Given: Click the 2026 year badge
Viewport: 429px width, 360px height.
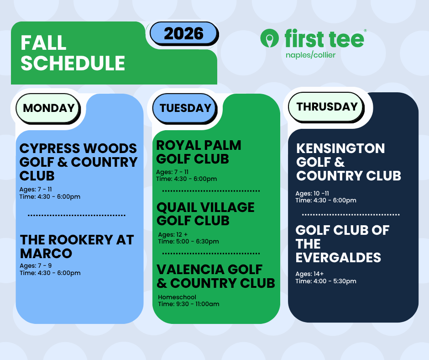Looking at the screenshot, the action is pos(184,33).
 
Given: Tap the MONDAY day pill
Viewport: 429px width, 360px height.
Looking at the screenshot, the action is pos(48,108).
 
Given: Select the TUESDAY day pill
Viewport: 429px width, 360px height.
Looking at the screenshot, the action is pos(185,108).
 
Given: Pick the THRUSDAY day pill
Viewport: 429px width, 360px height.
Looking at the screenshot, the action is pos(327,107).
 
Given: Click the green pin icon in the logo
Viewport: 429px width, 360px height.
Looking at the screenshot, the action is pos(269,38).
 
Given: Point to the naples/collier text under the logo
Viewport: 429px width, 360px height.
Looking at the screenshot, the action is pos(310,55).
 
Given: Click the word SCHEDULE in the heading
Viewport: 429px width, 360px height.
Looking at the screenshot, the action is pos(73,63).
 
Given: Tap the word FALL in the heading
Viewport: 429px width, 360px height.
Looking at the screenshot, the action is pos(43,43).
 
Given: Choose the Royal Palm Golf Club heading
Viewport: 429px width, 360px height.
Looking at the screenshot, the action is pos(199,152).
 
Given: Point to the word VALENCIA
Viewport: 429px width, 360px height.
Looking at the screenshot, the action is pos(190,270).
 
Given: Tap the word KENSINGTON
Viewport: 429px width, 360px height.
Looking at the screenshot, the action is pos(340,148).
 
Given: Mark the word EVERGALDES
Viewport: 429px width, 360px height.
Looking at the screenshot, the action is pos(338,258).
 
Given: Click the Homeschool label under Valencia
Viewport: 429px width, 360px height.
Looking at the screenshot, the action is pos(177,297).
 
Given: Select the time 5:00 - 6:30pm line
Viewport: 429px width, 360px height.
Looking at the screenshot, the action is pos(188,241).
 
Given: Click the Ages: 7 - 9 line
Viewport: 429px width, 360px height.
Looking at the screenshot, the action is pos(36,265).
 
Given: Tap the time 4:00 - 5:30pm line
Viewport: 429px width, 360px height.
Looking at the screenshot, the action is pos(326,281).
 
